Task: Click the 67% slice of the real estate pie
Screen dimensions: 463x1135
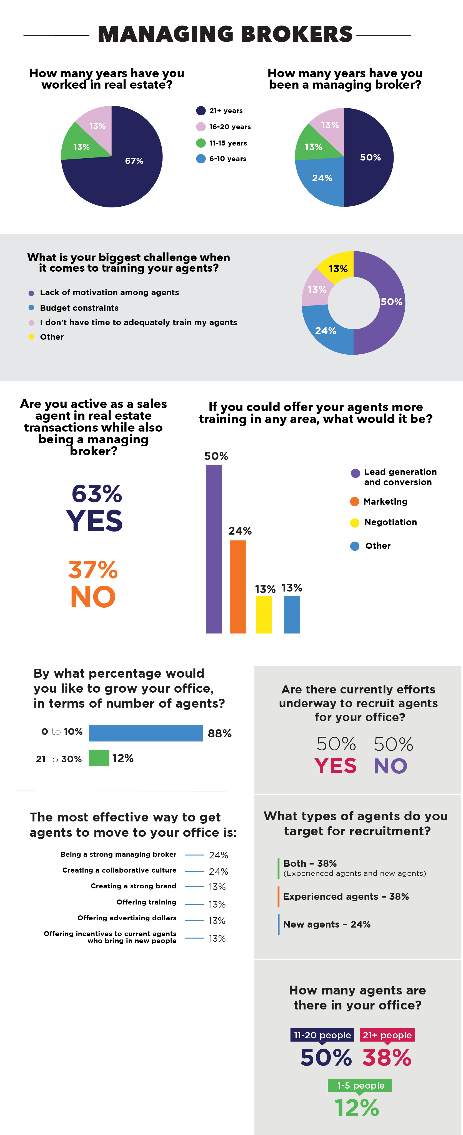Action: (128, 172)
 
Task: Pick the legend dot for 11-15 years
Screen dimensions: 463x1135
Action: (201, 143)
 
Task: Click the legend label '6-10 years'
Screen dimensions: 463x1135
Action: (228, 159)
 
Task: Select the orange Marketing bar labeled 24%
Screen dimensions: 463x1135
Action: (238, 587)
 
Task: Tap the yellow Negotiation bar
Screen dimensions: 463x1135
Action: (264, 615)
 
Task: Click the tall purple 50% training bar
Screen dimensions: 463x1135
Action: (214, 549)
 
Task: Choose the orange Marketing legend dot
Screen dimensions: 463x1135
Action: (355, 502)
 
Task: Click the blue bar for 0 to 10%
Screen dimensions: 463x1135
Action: (146, 733)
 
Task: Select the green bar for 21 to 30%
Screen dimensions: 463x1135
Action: (99, 758)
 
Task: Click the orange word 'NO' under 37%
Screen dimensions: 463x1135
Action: (93, 597)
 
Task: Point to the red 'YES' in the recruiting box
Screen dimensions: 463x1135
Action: (335, 766)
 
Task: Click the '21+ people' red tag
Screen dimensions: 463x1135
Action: (387, 1035)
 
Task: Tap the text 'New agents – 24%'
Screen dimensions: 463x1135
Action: (327, 924)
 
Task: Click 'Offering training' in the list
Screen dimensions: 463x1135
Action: (146, 902)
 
